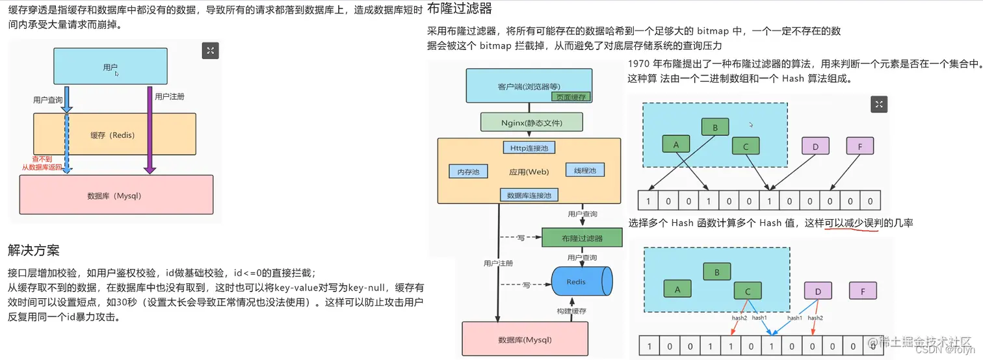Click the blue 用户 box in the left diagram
(111, 67)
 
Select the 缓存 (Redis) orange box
(114, 135)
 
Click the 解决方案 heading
(34, 250)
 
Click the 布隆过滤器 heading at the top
(459, 9)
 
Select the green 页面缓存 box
(571, 97)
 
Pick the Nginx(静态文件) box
(531, 122)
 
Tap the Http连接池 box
(529, 148)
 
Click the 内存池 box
(468, 172)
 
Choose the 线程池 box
(584, 170)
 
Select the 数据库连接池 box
(529, 195)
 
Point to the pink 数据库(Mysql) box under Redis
(525, 339)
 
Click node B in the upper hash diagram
(715, 128)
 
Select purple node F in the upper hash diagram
(860, 147)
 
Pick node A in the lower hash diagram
(677, 290)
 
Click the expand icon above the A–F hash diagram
(878, 105)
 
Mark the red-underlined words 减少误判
(852, 223)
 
